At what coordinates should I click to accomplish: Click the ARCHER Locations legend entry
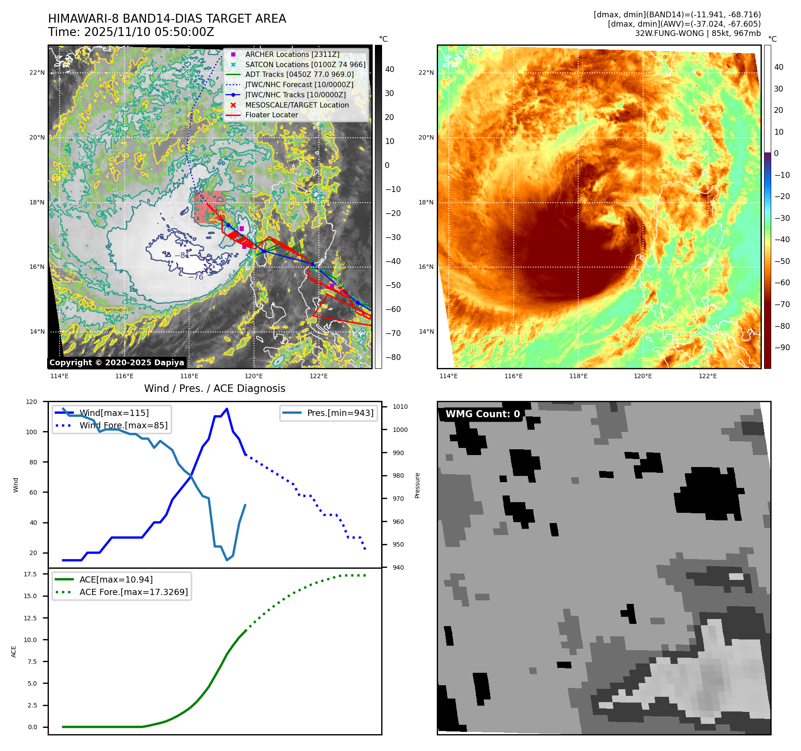[292, 54]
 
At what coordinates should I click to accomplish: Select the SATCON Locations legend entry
[305, 64]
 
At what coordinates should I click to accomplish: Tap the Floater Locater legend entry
[271, 115]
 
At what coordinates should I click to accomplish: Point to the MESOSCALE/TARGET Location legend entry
[297, 105]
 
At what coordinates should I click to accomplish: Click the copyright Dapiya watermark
[117, 363]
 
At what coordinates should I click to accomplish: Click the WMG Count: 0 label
[483, 414]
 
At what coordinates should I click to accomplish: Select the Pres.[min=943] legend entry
[340, 413]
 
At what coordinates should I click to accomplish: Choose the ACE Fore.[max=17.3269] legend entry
[133, 592]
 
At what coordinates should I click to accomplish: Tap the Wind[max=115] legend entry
[114, 413]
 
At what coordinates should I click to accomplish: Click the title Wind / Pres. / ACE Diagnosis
[214, 388]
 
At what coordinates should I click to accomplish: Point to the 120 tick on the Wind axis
[32, 402]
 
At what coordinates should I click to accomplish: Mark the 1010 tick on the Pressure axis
[400, 407]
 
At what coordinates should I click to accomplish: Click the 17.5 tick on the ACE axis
[30, 574]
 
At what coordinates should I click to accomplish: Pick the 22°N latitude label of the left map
[37, 73]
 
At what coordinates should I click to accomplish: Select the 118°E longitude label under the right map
[578, 376]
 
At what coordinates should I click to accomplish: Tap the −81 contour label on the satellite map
[181, 256]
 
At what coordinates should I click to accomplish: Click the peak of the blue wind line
[227, 409]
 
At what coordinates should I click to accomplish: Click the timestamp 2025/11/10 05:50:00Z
[149, 32]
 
